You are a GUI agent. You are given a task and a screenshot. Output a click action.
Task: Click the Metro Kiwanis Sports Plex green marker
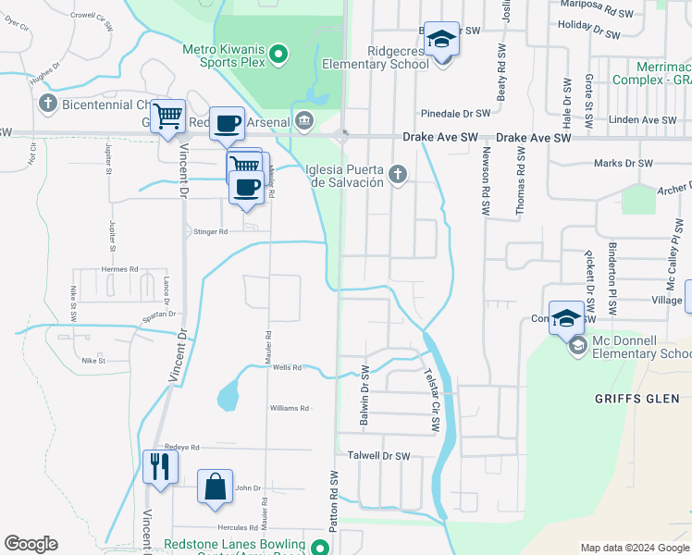(x=278, y=56)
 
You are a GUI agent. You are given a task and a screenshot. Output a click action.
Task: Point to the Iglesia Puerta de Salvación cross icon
(x=399, y=175)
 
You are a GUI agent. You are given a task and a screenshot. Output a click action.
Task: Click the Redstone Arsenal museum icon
(x=303, y=120)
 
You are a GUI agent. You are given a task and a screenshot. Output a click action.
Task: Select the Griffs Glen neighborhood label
(x=638, y=399)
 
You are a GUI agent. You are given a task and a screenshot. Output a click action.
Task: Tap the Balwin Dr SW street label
(x=365, y=397)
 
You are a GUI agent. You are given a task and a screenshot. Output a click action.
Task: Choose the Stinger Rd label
(x=210, y=232)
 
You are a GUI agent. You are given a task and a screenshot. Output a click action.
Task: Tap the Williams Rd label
(x=289, y=408)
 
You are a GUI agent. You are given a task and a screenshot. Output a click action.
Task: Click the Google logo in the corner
(x=31, y=544)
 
